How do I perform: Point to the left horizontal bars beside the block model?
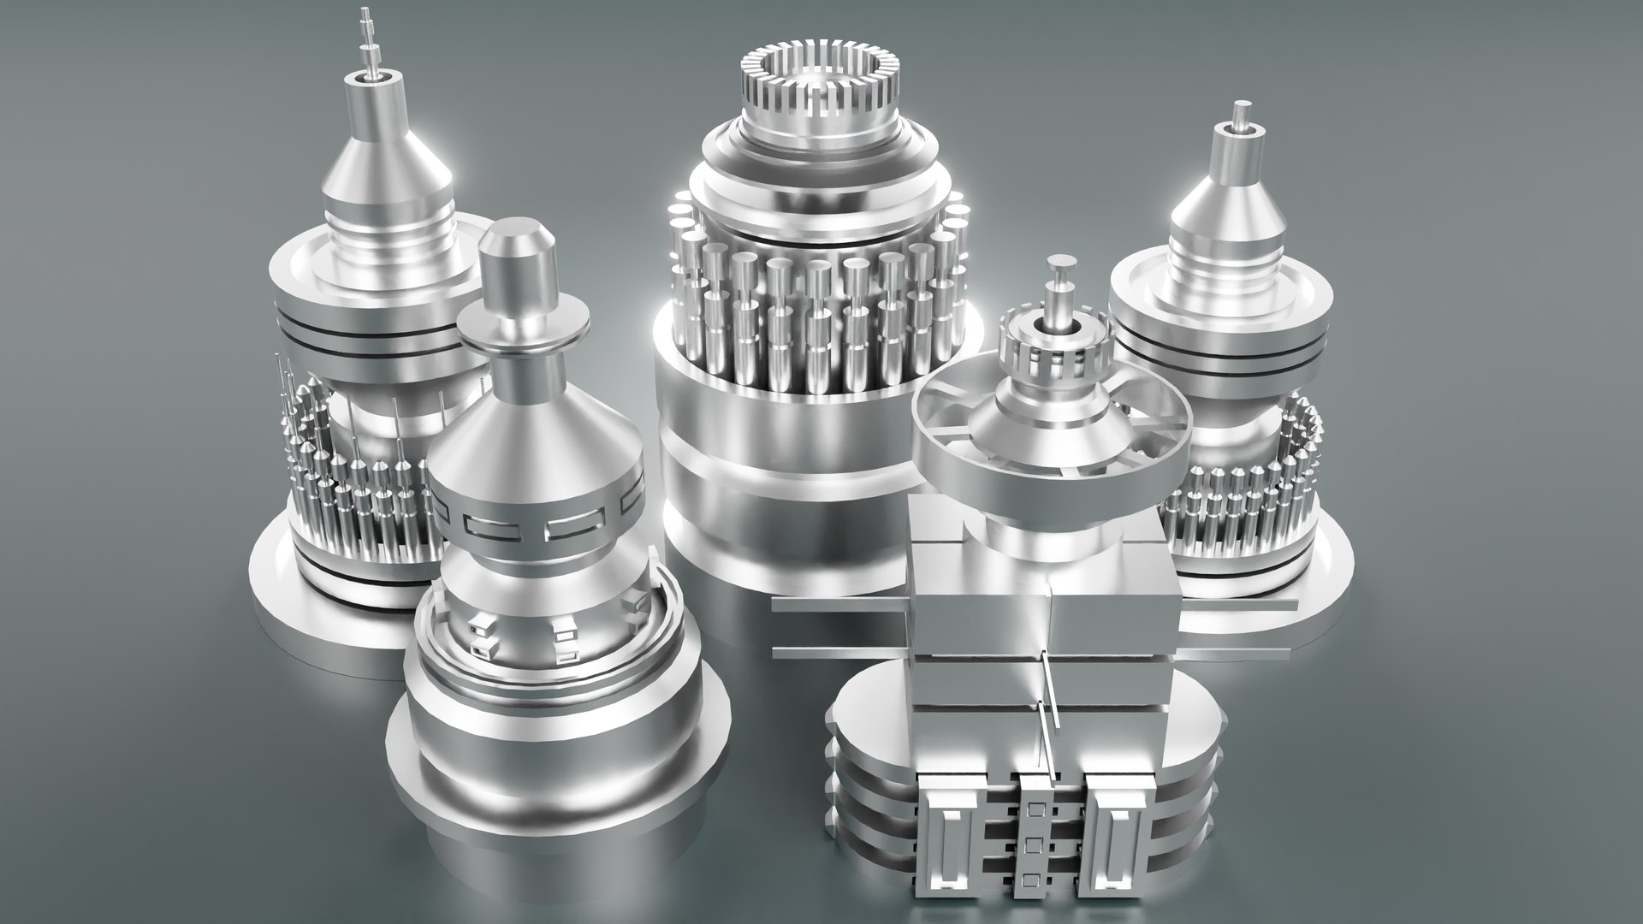click(x=839, y=630)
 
